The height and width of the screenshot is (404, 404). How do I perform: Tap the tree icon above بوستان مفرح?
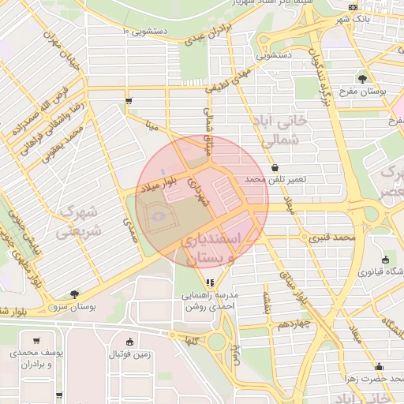pyautogui.click(x=362, y=78)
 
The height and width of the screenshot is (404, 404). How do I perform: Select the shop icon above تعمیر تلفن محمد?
pyautogui.click(x=274, y=167)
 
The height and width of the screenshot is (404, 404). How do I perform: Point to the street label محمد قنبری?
pyautogui.click(x=332, y=236)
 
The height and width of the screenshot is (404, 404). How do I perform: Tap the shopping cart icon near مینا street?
pyautogui.click(x=129, y=100)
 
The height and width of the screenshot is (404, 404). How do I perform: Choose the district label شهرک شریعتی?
pyautogui.click(x=77, y=223)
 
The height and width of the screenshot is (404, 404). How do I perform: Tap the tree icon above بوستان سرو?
pyautogui.click(x=74, y=294)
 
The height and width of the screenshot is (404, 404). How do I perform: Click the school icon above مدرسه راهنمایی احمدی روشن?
pyautogui.click(x=209, y=282)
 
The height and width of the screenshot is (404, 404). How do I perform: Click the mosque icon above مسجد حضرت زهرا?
pyautogui.click(x=379, y=365)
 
